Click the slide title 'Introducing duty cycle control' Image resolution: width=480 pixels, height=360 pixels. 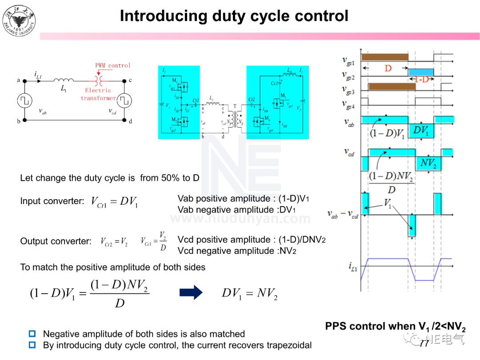click(234, 16)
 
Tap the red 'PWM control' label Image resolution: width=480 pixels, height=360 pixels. click(113, 65)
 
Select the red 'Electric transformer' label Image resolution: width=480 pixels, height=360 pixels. click(98, 94)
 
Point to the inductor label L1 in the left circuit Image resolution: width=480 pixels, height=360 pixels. click(64, 88)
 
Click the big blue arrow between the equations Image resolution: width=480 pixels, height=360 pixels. click(191, 292)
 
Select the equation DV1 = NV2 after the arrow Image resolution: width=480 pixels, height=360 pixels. click(249, 293)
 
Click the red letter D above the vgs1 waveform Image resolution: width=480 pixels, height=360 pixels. click(388, 69)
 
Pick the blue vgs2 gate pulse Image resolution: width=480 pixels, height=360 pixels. click(420, 72)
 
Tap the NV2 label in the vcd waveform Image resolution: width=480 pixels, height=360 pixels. click(428, 164)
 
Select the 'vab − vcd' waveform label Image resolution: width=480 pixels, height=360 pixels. click(342, 215)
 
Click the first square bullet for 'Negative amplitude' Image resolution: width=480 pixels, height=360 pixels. click(32, 333)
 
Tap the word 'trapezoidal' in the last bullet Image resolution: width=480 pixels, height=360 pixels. click(289, 345)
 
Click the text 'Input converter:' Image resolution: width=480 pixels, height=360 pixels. click(52, 201)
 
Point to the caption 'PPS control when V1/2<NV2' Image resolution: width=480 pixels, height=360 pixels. click(395, 327)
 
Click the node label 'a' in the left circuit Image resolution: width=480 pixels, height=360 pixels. click(19, 80)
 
